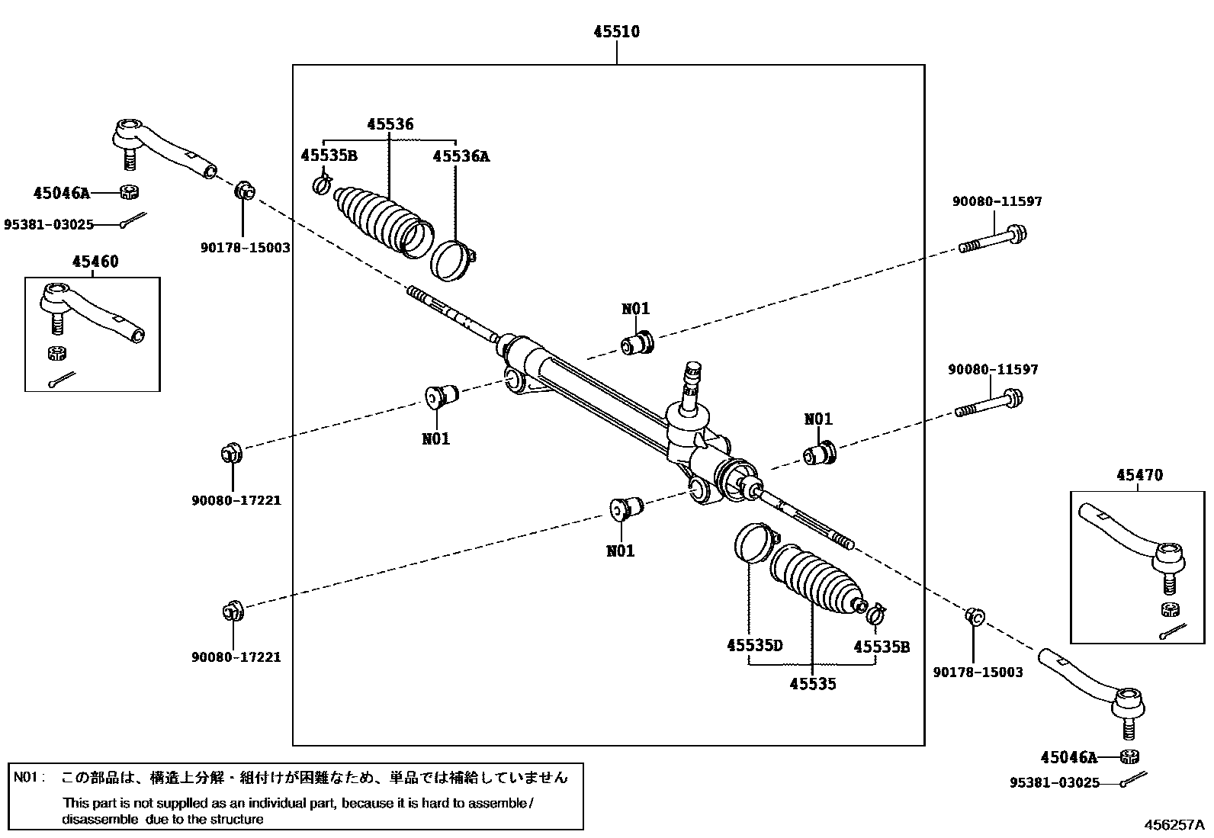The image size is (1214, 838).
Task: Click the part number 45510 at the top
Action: coord(617,31)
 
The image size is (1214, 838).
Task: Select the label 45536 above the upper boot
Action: coord(390,124)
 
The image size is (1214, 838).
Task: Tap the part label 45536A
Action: coord(461,156)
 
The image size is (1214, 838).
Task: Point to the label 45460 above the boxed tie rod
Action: coord(95,262)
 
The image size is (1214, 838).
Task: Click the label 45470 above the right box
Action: coord(1140,475)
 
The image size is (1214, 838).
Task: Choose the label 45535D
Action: coord(755,645)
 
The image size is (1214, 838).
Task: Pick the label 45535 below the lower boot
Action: coord(813,683)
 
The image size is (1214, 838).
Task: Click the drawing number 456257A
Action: coord(1174,824)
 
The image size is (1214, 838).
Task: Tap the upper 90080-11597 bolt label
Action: coord(997,201)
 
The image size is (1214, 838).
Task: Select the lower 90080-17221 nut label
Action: coord(236,657)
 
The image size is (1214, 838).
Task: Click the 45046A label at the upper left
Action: coord(62,193)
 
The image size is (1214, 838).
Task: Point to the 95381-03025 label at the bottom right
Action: coord(1055,782)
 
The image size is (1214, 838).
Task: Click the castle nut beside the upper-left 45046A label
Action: coord(129,192)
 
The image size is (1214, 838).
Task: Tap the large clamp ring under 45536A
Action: coord(452,262)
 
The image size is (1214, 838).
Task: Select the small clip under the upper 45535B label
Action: coord(322,185)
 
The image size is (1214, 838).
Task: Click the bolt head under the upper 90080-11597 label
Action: coord(1016,235)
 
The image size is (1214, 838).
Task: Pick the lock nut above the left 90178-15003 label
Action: coord(245,191)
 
